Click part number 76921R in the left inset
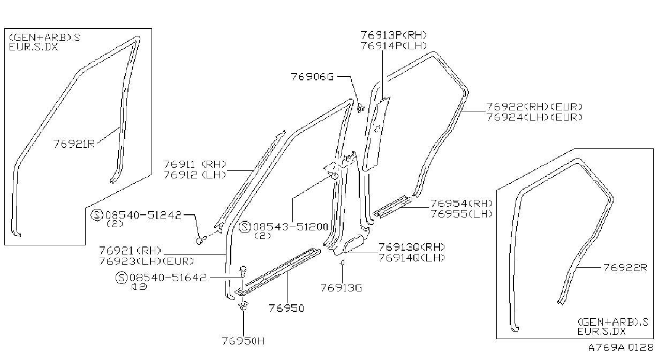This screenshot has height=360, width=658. pos(74,144)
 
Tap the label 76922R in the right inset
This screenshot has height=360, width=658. pos(625,268)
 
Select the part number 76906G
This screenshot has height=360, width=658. pos(313,77)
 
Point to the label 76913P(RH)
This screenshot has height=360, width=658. pos(394,35)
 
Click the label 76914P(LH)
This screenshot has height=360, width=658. pos(394,46)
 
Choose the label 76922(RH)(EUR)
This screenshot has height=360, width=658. pos(534,107)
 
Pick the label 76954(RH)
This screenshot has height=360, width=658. pos(462,203)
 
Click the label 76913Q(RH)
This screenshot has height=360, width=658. pos(412,247)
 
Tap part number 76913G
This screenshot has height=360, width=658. pos(342,288)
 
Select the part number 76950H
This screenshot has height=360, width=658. pos(243,341)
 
